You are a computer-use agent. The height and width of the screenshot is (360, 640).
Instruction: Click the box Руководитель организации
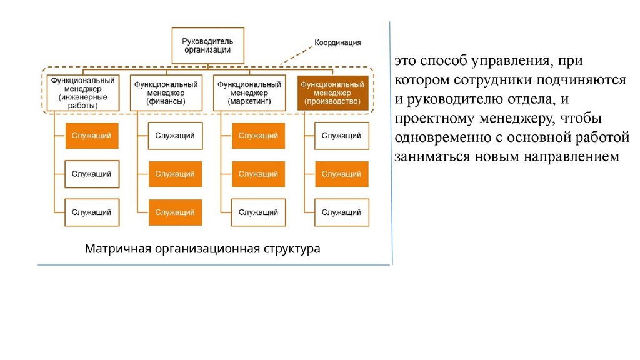click(x=207, y=45)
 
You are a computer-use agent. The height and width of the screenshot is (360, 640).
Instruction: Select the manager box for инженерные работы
click(x=82, y=92)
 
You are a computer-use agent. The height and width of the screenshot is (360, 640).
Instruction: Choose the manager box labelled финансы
click(x=166, y=92)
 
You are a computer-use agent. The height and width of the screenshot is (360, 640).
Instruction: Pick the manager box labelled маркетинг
click(x=248, y=92)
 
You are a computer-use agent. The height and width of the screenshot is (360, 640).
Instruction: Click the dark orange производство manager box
click(x=332, y=92)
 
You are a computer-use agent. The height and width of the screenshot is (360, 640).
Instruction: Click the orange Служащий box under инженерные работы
click(x=91, y=136)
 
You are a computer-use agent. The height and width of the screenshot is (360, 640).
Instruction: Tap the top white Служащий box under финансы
click(x=175, y=136)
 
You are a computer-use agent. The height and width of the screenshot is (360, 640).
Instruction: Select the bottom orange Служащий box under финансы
click(x=175, y=212)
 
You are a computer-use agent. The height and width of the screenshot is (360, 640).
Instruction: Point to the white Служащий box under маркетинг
click(x=258, y=212)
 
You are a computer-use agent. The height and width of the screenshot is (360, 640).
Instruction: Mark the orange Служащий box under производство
click(x=341, y=174)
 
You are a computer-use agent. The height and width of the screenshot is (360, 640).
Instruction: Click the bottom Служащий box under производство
click(x=341, y=212)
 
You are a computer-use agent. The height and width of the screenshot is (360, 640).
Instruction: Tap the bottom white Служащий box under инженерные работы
click(x=91, y=212)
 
